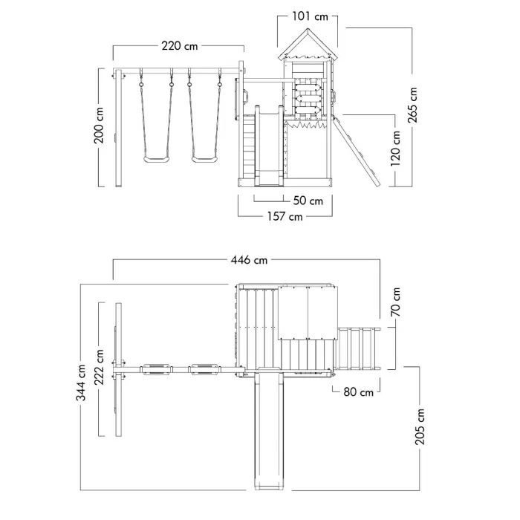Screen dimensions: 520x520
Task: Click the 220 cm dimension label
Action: coord(179,46)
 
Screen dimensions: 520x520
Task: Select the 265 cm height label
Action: coord(413,105)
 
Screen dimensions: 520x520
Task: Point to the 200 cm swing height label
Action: coord(100,127)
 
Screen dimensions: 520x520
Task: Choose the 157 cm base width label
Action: coord(286,217)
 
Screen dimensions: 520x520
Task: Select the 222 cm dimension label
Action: coord(100,369)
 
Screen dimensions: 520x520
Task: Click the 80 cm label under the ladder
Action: coord(357,392)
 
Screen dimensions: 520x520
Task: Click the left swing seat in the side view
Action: coord(156,157)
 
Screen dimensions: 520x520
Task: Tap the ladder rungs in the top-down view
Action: coord(360,347)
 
